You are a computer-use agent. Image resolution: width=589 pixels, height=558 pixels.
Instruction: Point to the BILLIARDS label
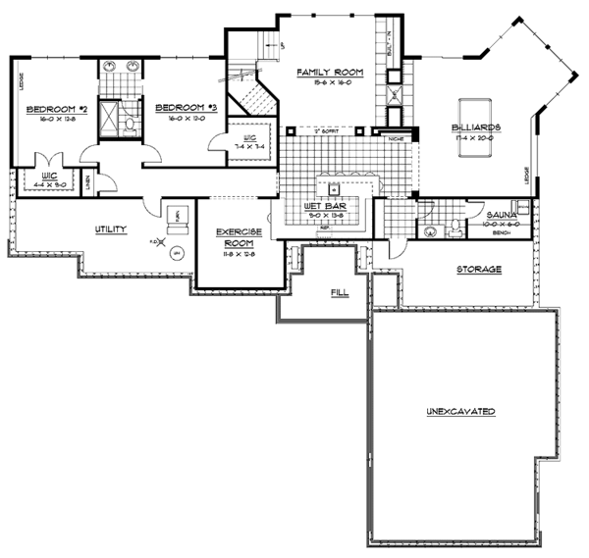click(478, 127)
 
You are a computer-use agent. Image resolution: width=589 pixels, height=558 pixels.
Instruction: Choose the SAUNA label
click(503, 213)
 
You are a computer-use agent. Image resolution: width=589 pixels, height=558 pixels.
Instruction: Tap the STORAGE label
click(478, 269)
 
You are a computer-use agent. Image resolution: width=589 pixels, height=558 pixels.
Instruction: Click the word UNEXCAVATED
click(460, 410)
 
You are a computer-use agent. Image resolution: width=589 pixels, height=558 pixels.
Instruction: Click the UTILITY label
click(110, 228)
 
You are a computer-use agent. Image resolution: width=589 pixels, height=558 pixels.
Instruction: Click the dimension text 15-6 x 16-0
click(331, 82)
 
